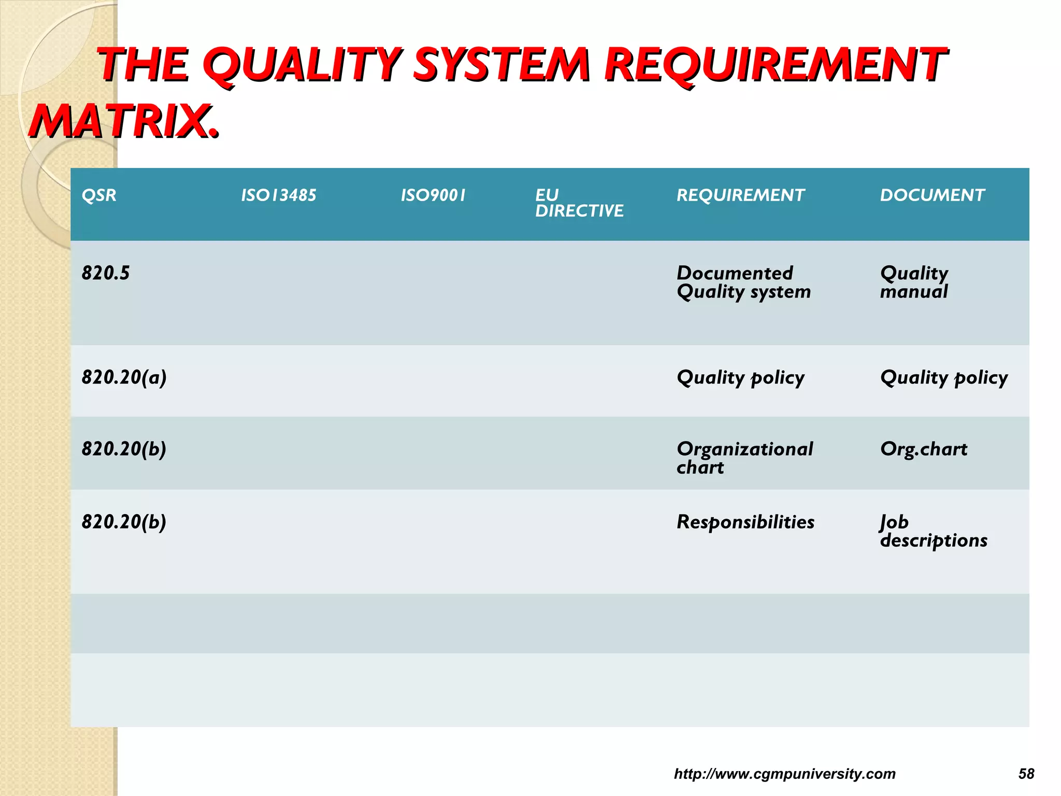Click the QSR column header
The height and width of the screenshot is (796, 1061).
click(99, 195)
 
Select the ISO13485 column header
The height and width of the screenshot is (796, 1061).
click(278, 195)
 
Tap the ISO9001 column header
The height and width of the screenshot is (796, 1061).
click(433, 195)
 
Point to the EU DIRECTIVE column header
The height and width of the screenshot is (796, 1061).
click(579, 203)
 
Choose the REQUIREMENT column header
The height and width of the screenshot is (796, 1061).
click(740, 195)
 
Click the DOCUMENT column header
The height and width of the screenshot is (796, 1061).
click(932, 195)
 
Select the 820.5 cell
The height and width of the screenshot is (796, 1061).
click(106, 273)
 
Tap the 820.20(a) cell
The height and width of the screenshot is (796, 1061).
click(124, 377)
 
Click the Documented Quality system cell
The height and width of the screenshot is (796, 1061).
click(743, 282)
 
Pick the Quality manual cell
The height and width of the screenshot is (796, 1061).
click(914, 282)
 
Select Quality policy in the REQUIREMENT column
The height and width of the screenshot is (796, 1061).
click(740, 378)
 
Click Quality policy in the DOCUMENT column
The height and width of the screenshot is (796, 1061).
click(944, 378)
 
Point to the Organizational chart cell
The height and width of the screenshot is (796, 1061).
click(744, 458)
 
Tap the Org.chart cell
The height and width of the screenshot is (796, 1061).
click(924, 449)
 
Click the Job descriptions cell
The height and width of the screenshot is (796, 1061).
click(934, 531)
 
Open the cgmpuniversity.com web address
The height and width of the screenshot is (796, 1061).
click(784, 774)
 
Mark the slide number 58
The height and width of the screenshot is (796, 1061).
click(1026, 774)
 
